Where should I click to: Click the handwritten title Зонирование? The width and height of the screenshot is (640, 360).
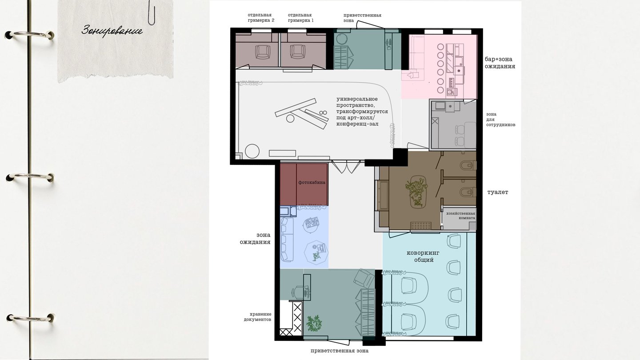pyautogui.click(x=112, y=31)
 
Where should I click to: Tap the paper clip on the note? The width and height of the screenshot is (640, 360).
pyautogui.click(x=152, y=12)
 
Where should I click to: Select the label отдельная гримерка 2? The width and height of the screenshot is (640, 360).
pyautogui.click(x=261, y=18)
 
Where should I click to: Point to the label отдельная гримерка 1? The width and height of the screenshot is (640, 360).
pyautogui.click(x=300, y=18)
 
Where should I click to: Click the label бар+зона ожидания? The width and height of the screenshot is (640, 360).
pyautogui.click(x=500, y=63)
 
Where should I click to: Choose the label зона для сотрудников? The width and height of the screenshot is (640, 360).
pyautogui.click(x=500, y=120)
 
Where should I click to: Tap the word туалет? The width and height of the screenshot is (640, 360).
pyautogui.click(x=498, y=192)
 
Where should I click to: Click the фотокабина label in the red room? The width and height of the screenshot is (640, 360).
pyautogui.click(x=312, y=182)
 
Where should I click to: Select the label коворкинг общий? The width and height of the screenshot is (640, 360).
pyautogui.click(x=423, y=256)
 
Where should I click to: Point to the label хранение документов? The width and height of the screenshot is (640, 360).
pyautogui.click(x=257, y=317)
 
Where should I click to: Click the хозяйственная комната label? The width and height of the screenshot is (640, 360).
pyautogui.click(x=460, y=216)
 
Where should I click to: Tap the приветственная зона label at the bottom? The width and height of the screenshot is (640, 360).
pyautogui.click(x=340, y=351)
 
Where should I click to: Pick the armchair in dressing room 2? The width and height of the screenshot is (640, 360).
pyautogui.click(x=263, y=52)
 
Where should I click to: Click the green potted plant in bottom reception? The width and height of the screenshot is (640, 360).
pyautogui.click(x=314, y=324)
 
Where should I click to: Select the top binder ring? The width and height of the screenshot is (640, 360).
pyautogui.click(x=29, y=35)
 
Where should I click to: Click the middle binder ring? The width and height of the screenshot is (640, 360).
pyautogui.click(x=30, y=177)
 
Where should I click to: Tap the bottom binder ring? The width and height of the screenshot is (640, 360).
pyautogui.click(x=30, y=317)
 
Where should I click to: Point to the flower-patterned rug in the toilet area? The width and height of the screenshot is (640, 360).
pyautogui.click(x=417, y=191)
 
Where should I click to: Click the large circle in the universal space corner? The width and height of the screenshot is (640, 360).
pyautogui.click(x=252, y=151)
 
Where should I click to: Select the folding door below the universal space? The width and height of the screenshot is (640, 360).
pyautogui.click(x=346, y=167)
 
